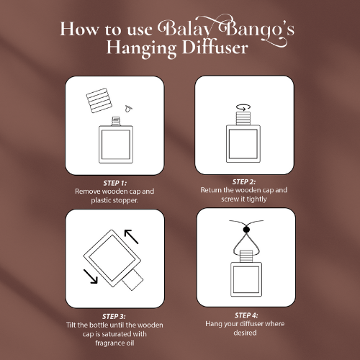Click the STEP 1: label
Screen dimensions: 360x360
[115, 183]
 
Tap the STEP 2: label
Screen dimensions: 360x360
[244, 182]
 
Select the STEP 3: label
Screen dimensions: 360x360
[114, 316]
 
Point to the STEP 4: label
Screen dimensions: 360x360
[246, 315]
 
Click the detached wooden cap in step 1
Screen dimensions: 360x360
[99, 100]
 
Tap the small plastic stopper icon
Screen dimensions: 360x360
[128, 109]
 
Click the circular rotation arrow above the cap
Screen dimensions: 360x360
[243, 107]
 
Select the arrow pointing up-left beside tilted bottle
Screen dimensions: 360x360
[131, 237]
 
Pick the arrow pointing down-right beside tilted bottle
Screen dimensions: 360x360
[91, 276]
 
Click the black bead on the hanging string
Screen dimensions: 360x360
[246, 230]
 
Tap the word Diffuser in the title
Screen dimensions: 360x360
[215, 48]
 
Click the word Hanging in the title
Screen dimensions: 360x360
[142, 49]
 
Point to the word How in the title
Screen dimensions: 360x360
[79, 29]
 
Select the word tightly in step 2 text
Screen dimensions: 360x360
[255, 199]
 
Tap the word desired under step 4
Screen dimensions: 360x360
[245, 333]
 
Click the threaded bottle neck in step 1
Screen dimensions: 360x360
[116, 121]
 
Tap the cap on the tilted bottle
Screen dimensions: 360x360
[132, 280]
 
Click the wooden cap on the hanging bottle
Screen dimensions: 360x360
[246, 256]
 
